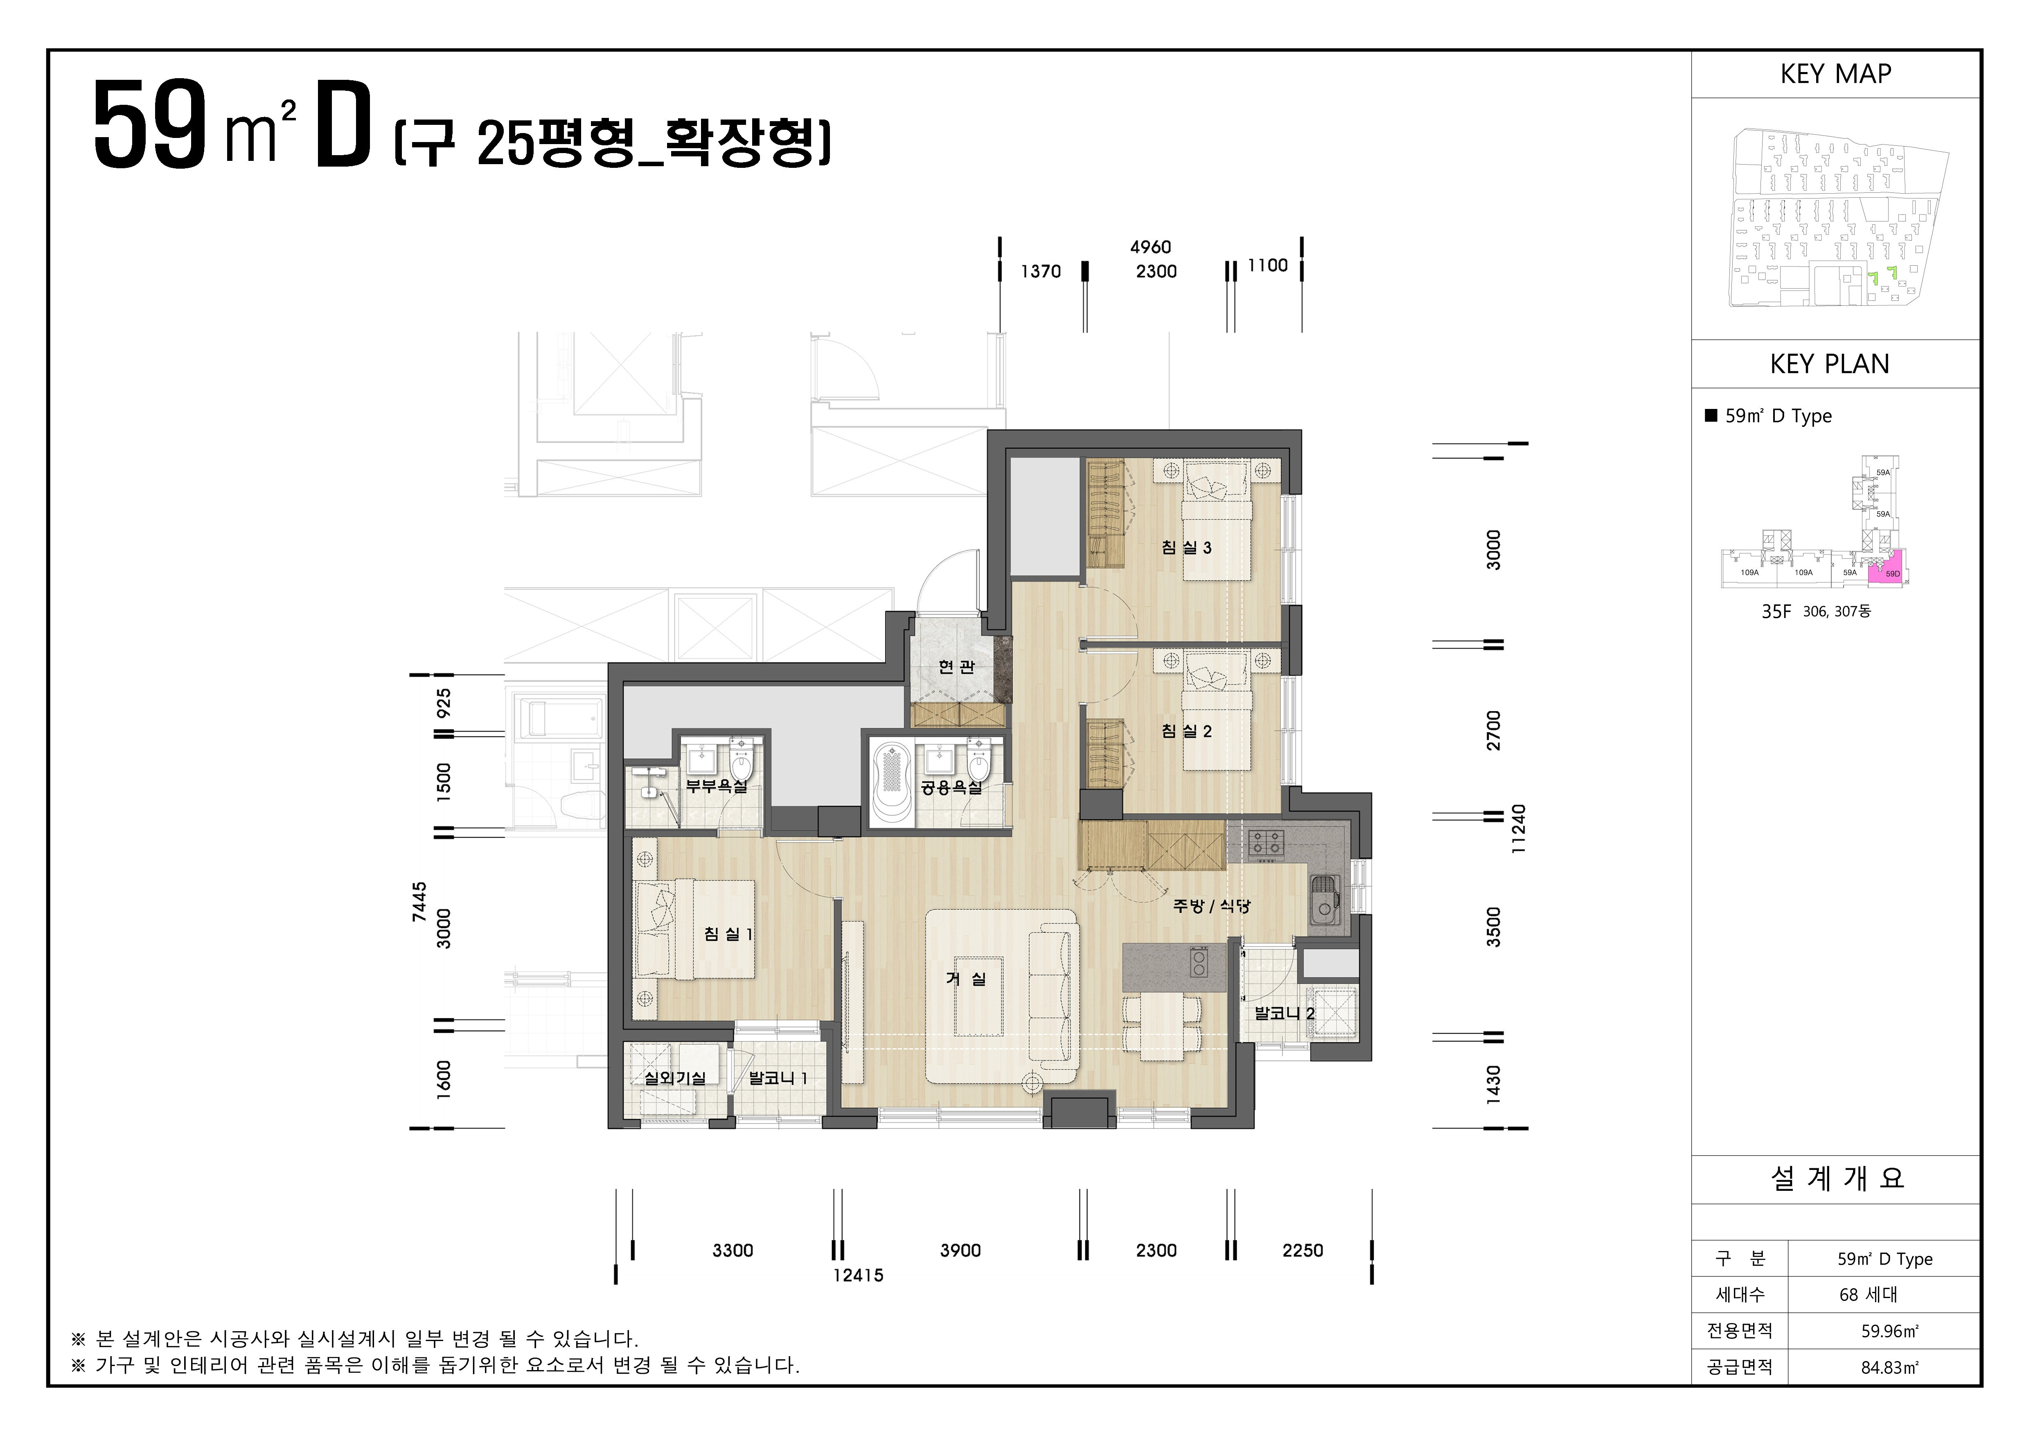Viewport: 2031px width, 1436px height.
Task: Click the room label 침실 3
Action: tap(1186, 548)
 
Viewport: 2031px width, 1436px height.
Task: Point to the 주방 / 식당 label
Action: tap(1211, 905)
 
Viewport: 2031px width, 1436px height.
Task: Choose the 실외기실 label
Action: tap(675, 1078)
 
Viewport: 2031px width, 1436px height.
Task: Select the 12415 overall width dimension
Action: tap(857, 1275)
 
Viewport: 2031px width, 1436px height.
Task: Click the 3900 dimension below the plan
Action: tap(960, 1250)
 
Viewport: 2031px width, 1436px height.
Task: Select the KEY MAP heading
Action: tap(1835, 75)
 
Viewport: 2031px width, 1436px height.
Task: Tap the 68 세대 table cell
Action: tap(1868, 1294)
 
